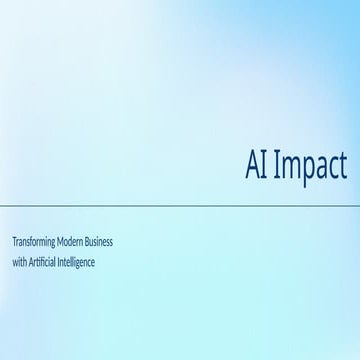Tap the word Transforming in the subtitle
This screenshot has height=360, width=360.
(x=34, y=243)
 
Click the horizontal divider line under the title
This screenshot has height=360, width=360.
(x=180, y=205)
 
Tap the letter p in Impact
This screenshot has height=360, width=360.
(x=305, y=166)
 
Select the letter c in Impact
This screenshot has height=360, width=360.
(x=331, y=165)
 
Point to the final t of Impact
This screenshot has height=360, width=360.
(x=342, y=164)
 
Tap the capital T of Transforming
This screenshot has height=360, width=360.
(x=14, y=243)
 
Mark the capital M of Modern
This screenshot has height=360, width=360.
(x=64, y=243)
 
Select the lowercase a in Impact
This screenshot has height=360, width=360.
(x=319, y=165)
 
